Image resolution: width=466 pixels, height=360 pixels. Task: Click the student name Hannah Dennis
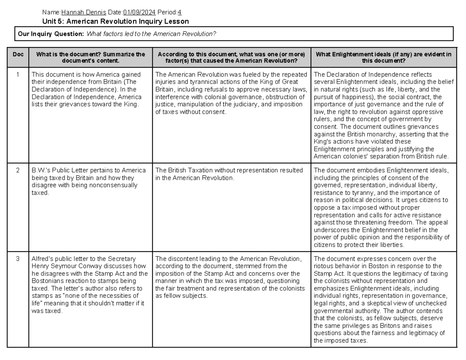pos(83,12)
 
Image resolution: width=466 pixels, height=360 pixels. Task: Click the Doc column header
pos(18,55)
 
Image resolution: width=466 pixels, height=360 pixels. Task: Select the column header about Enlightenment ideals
pos(383,57)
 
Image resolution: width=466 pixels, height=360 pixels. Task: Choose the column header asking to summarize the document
pos(90,57)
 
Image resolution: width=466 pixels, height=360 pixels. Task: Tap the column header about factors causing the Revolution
pos(231,57)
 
